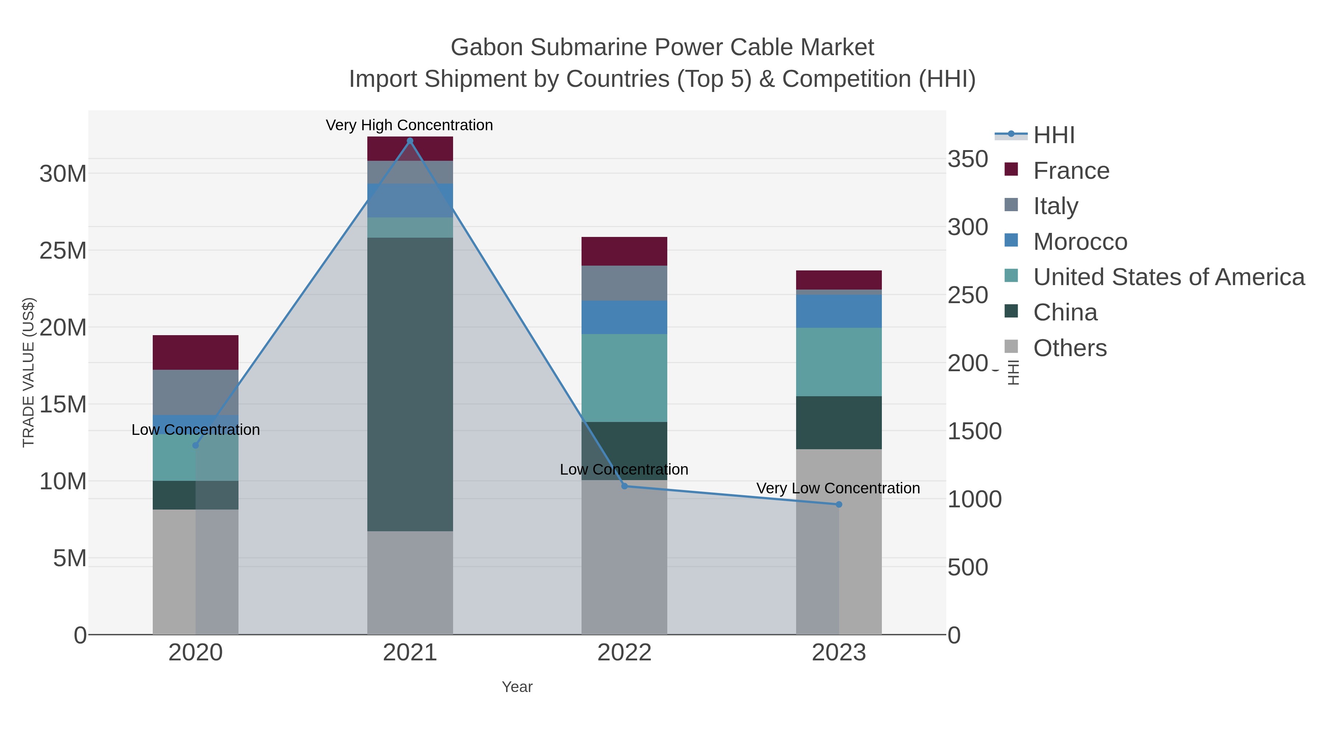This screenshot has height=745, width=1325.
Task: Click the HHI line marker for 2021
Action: (410, 141)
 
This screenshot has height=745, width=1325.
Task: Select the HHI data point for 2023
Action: (839, 504)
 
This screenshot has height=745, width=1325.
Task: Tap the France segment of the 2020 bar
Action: (195, 352)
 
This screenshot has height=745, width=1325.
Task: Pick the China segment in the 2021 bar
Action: (410, 384)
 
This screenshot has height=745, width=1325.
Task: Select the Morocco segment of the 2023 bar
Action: (838, 311)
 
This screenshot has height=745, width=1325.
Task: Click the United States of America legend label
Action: (1168, 277)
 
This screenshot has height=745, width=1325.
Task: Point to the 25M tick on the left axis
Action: (63, 251)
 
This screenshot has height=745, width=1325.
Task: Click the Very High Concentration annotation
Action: (409, 125)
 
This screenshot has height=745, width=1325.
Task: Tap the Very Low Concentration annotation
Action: (838, 488)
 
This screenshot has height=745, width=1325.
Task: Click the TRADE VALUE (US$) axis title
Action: (29, 372)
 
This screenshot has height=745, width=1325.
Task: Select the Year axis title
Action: (517, 687)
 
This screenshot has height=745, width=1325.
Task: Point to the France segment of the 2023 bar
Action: (838, 280)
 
